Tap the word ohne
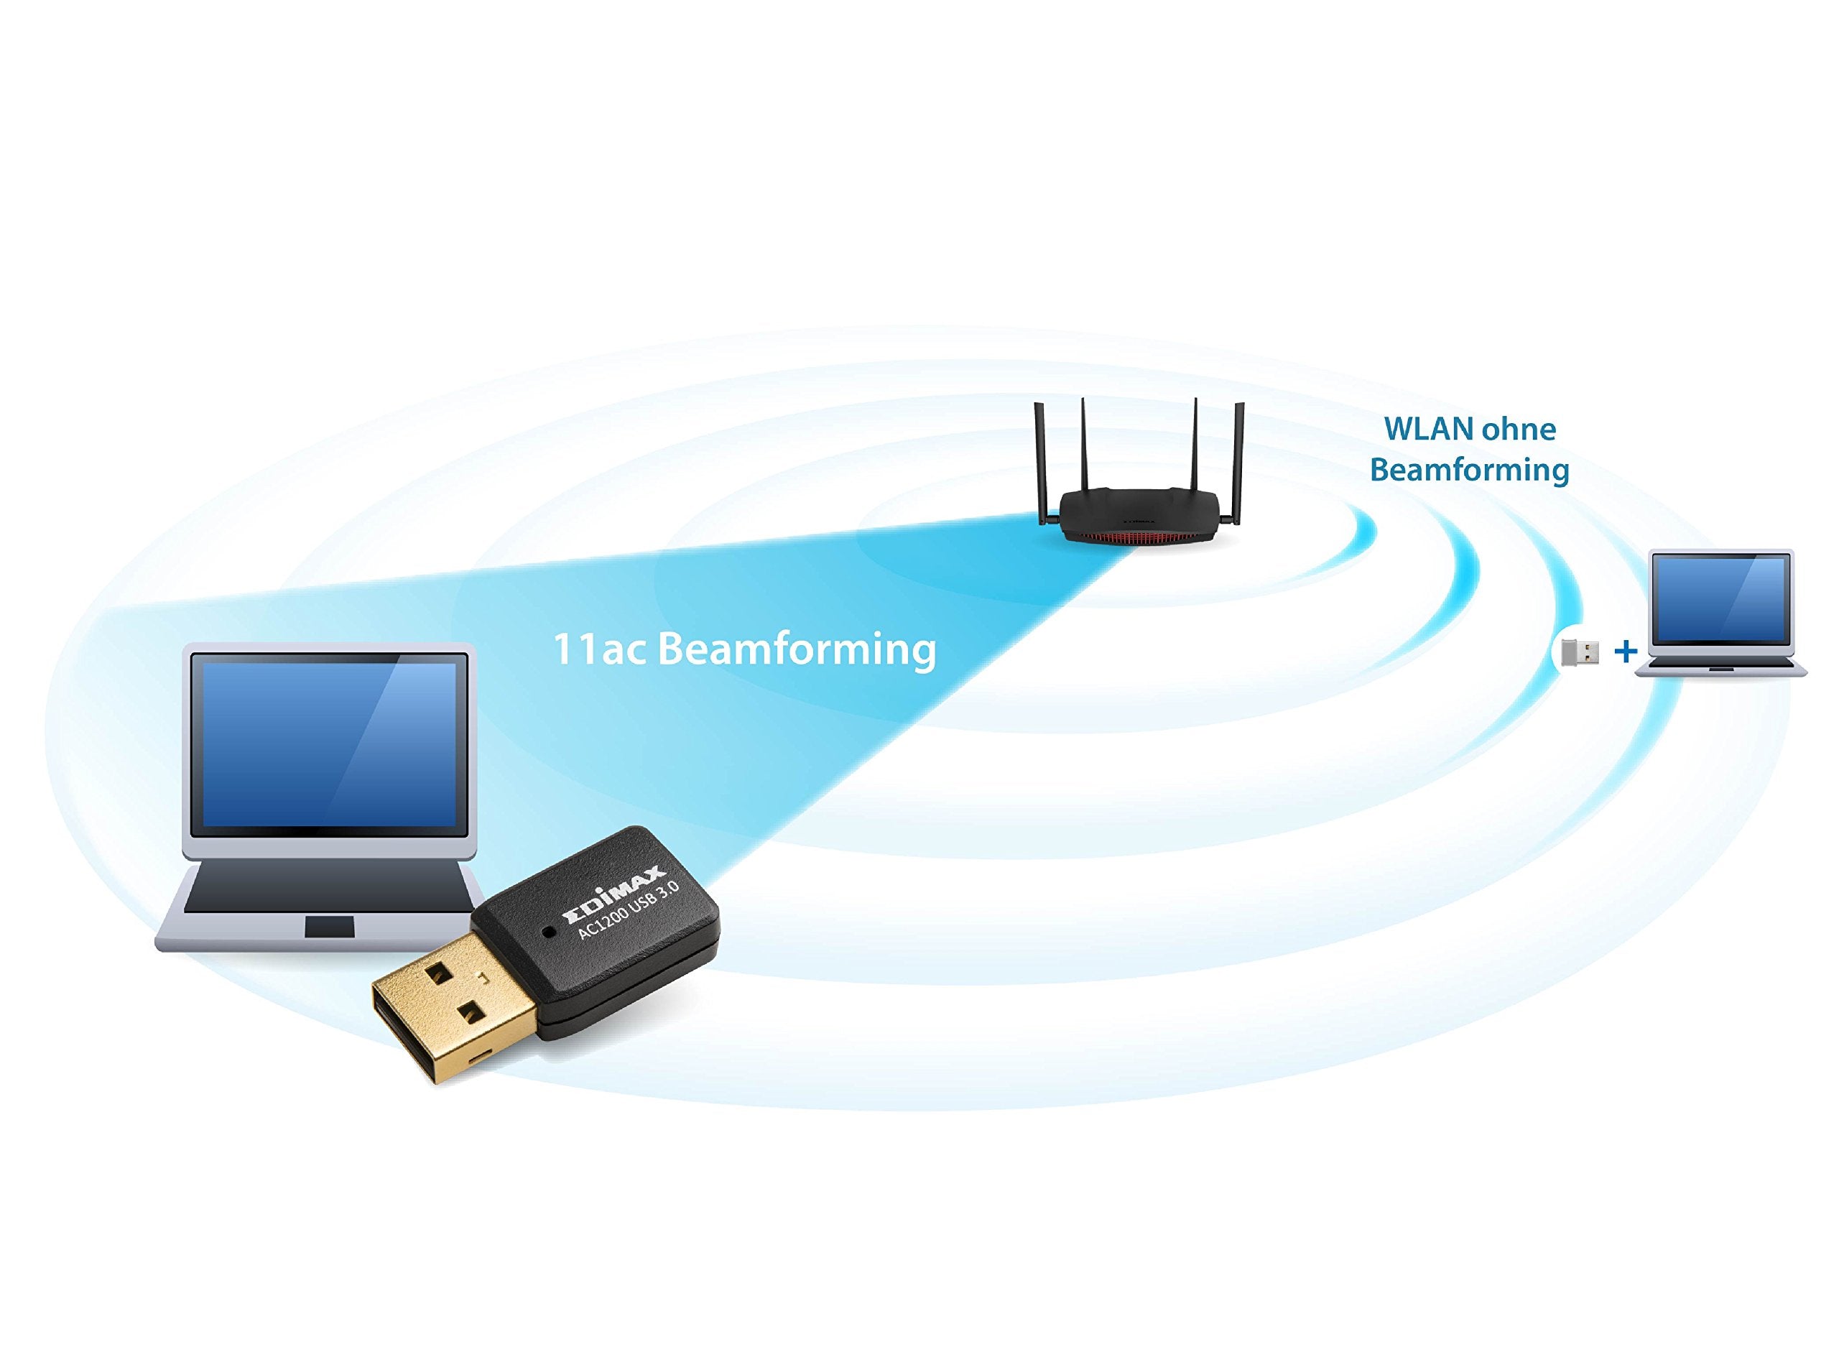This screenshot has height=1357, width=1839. click(x=1519, y=429)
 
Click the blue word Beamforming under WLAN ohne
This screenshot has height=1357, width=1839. click(x=1469, y=470)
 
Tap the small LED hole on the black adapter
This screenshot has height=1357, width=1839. click(x=549, y=932)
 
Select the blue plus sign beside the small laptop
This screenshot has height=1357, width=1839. click(x=1626, y=652)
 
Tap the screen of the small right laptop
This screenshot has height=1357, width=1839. click(x=1720, y=599)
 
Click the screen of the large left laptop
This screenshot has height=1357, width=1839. click(x=328, y=744)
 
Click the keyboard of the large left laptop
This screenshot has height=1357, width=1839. click(x=328, y=887)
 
